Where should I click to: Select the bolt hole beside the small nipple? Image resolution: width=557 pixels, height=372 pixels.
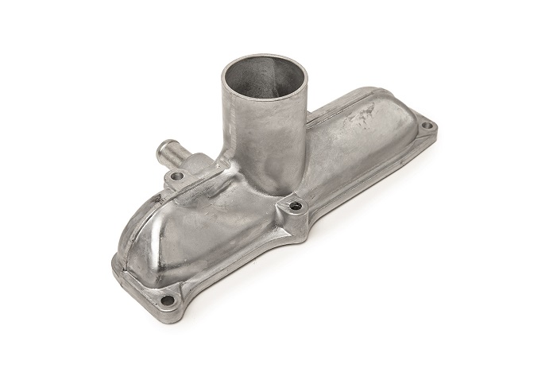177,175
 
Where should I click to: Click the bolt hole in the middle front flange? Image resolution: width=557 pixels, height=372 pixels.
296,207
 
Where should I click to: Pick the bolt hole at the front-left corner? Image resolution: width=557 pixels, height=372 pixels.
169,300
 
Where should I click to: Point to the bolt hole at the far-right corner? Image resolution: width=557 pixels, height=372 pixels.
427,126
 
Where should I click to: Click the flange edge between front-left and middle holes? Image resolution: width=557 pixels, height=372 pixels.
238,262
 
